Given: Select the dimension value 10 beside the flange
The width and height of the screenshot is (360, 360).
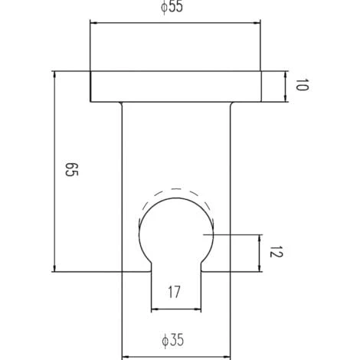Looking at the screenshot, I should click(x=301, y=86).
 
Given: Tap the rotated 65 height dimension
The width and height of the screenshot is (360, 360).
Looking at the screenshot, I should click(x=70, y=171).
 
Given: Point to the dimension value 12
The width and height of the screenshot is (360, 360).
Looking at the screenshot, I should click(x=277, y=252).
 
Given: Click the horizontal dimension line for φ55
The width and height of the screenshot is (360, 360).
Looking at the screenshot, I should click(x=177, y=23).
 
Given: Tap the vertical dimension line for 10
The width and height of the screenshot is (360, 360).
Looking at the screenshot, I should click(x=286, y=86).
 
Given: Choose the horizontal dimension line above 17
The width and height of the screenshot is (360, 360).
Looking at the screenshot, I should click(x=177, y=309).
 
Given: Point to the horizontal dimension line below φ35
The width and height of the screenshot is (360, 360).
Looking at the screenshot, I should click(x=177, y=355).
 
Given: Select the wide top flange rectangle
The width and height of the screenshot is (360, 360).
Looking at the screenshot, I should click(x=177, y=86).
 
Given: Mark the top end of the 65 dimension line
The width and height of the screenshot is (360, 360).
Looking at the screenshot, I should click(x=54, y=72).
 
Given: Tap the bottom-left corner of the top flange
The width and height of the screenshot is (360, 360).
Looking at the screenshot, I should click(x=90, y=101).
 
